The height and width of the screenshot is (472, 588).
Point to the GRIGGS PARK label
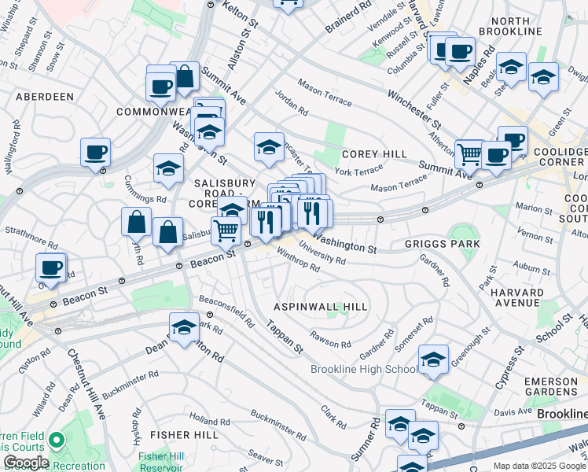click(x=442, y=244)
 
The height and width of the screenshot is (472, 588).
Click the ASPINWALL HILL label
click(x=311, y=305)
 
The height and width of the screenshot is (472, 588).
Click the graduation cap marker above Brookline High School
click(x=433, y=359)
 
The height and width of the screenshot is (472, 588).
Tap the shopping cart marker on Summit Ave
click(x=469, y=153)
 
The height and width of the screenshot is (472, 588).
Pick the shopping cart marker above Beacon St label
click(x=226, y=229)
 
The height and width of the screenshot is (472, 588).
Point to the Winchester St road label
click(x=413, y=107)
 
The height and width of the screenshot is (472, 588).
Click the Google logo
click(x=26, y=463)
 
